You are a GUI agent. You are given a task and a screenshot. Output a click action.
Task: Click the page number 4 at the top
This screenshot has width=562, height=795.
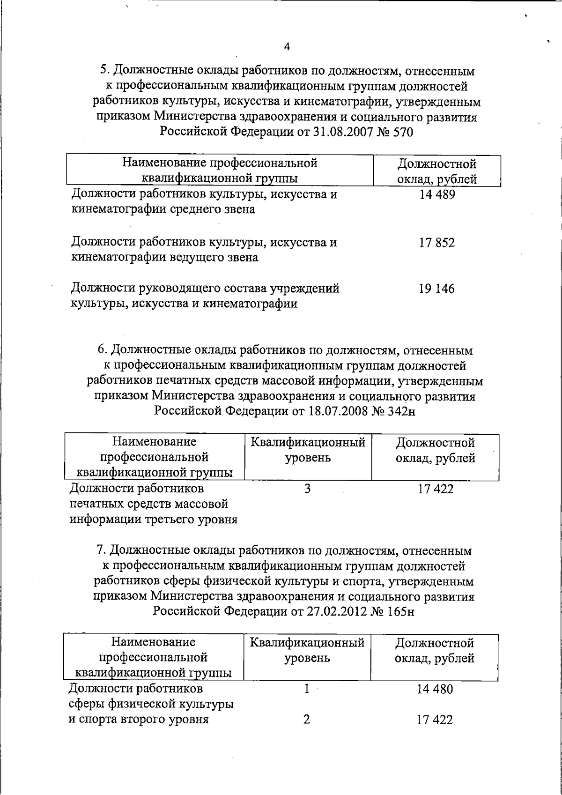287,46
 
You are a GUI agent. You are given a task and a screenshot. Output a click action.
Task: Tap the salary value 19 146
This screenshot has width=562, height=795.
436,289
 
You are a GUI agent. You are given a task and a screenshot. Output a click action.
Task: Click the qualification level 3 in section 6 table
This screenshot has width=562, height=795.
307,489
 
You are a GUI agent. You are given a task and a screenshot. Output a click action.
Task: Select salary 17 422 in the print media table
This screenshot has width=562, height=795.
436,490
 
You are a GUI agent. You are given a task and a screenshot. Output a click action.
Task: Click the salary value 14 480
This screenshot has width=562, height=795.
435,690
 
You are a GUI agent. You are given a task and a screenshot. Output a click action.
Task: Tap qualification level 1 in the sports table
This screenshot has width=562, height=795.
307,689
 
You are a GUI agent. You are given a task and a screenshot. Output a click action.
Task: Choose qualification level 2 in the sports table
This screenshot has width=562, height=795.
306,719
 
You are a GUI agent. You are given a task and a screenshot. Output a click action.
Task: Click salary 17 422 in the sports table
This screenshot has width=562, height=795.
435,720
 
